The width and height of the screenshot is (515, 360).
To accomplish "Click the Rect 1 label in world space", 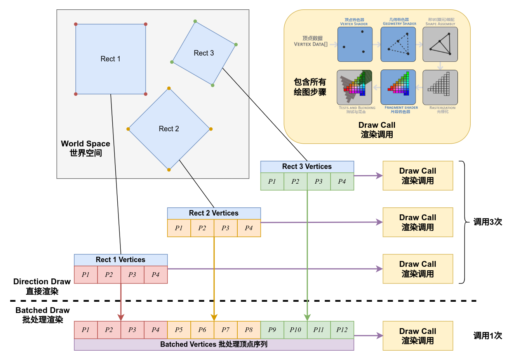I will (x=110, y=59).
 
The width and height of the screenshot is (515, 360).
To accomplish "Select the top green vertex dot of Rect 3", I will (x=195, y=21).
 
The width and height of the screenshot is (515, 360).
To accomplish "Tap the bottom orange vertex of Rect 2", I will (x=169, y=170).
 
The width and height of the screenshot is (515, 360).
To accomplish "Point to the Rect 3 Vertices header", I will (x=307, y=167).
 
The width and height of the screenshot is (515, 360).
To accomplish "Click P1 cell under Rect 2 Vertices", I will (x=179, y=228).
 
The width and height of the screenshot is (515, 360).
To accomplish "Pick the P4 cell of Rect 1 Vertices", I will (x=155, y=275).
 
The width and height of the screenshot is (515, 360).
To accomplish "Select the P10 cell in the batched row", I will (x=295, y=330).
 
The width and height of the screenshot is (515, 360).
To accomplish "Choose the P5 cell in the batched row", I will (x=179, y=330).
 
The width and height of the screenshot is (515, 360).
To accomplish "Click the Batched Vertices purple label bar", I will (x=214, y=344).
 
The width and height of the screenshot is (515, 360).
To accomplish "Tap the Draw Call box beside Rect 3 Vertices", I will (x=418, y=176).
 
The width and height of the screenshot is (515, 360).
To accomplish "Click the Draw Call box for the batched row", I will (x=418, y=336).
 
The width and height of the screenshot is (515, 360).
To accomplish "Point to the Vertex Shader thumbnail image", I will (x=355, y=44).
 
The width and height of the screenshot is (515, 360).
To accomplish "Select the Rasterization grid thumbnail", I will (x=440, y=87).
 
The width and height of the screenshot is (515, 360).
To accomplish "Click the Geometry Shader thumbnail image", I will (x=398, y=44).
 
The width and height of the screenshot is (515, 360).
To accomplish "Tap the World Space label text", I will (x=85, y=148).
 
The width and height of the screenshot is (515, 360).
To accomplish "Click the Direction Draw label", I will (x=42, y=286).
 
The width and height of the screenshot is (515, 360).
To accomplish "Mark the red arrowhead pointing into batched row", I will (x=121, y=317).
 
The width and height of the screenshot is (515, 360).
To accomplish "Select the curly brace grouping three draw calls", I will (x=463, y=222).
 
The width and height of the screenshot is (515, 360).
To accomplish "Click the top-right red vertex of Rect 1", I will (x=146, y=24).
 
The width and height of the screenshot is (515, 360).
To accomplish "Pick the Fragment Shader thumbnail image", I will (x=398, y=87).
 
